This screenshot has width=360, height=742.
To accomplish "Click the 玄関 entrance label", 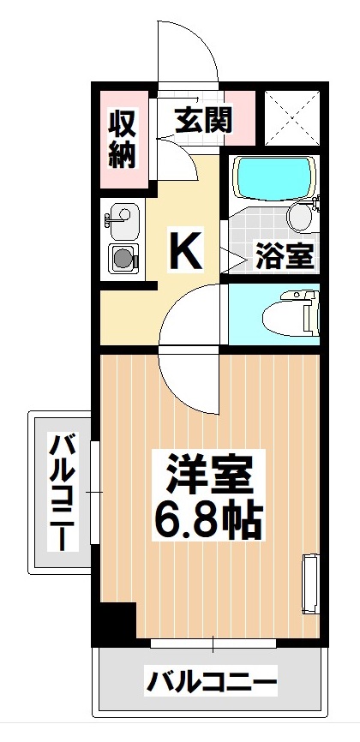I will click(x=204, y=120).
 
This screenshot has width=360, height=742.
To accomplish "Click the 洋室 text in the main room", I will click(x=206, y=475).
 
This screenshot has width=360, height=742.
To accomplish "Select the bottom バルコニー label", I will click(x=213, y=683).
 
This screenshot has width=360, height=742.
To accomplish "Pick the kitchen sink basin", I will click(x=121, y=218).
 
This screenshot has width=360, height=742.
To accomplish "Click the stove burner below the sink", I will click(x=122, y=256).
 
